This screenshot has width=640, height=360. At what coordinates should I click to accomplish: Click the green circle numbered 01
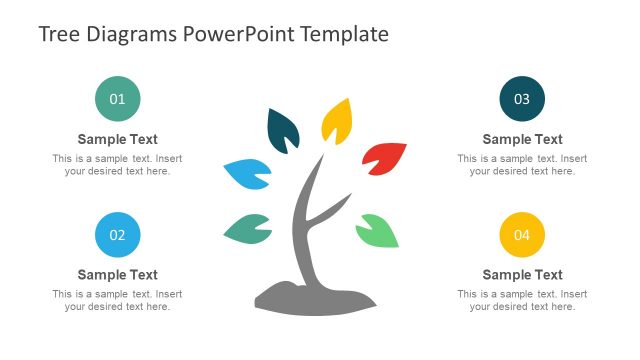click(117, 99)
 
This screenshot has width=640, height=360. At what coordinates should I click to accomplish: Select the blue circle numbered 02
click(117, 235)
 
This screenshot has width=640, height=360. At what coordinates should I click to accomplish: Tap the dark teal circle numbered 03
click(522, 99)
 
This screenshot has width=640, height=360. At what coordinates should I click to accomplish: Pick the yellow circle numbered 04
click(522, 235)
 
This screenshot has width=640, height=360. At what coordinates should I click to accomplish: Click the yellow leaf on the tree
click(337, 120)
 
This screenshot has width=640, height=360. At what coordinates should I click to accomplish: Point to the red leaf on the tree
click(385, 158)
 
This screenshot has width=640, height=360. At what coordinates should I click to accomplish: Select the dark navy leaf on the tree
click(283, 131)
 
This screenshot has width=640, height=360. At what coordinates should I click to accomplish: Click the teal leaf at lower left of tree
click(248, 229)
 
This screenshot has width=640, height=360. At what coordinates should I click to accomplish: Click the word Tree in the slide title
click(59, 34)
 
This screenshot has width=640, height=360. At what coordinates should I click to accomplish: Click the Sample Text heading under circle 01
click(117, 140)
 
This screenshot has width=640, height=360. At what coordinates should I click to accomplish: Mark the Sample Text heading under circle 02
click(117, 275)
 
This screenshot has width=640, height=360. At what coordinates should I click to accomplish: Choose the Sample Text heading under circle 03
click(522, 140)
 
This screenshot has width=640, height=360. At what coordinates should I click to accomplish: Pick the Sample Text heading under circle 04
click(522, 275)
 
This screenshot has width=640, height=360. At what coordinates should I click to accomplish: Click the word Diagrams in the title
click(131, 34)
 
